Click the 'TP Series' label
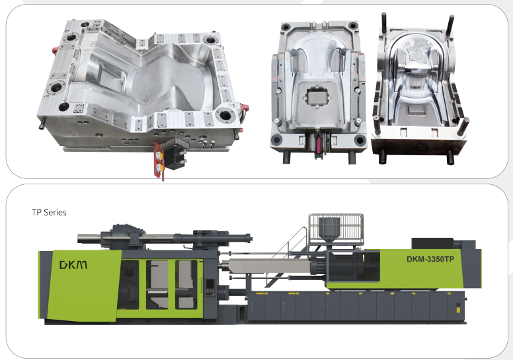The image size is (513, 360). pos(49,213)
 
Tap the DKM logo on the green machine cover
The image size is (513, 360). pos(73,264)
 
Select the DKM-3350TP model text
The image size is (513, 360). pos(430,259)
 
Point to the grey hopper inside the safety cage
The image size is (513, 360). pos(329,229)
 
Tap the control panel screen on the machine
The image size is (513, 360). pos(210,284)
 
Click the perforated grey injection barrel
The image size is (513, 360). pos(269,265)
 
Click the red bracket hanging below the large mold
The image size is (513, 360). pos(159,160)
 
